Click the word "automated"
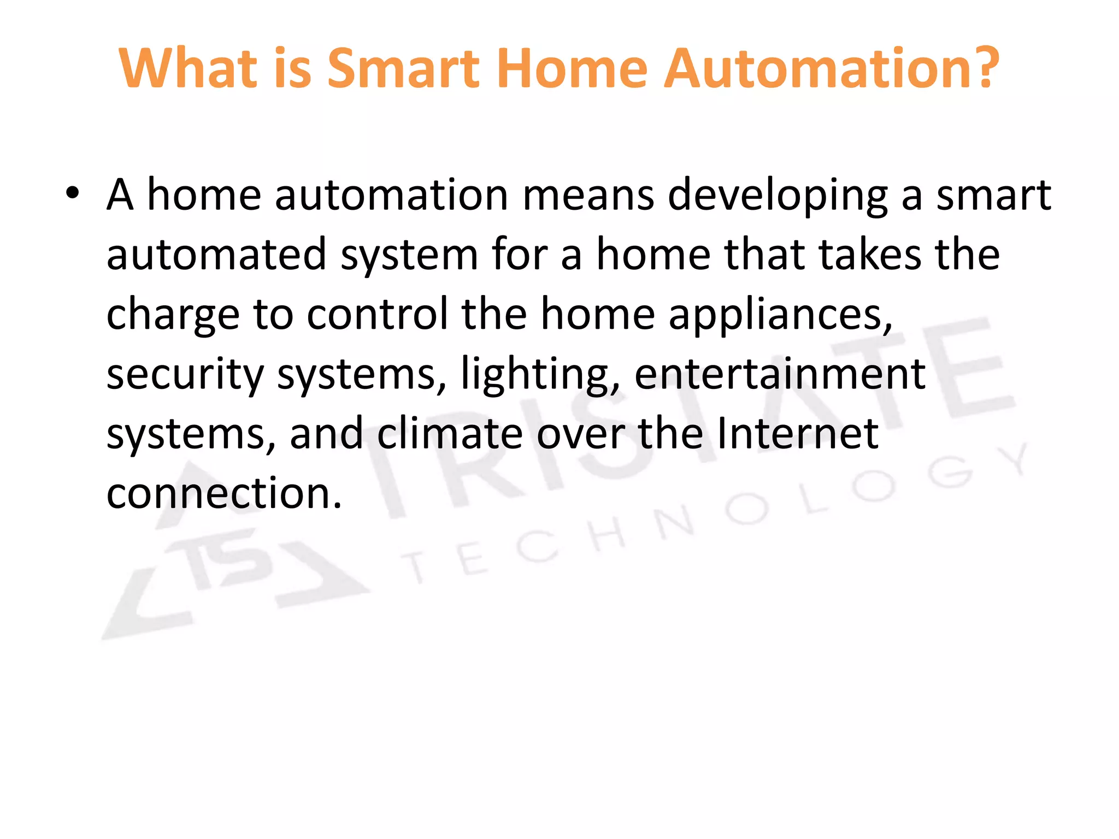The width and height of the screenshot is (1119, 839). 216,255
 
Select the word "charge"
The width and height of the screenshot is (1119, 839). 173,316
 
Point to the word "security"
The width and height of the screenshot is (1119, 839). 185,376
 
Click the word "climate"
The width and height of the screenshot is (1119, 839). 449,434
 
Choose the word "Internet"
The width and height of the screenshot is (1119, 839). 797,434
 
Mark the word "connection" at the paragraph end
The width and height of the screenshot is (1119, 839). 219,493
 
